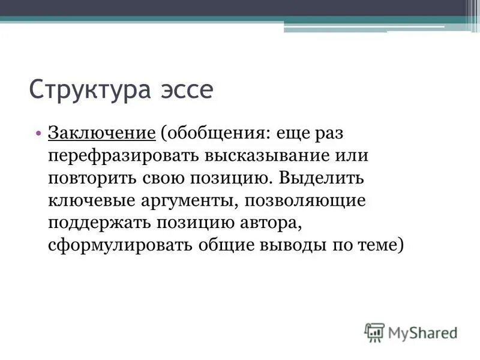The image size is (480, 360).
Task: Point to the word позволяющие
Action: (x=314, y=200)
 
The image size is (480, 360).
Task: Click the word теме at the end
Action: (x=381, y=246)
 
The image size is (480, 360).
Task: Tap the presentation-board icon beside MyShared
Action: (x=374, y=332)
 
